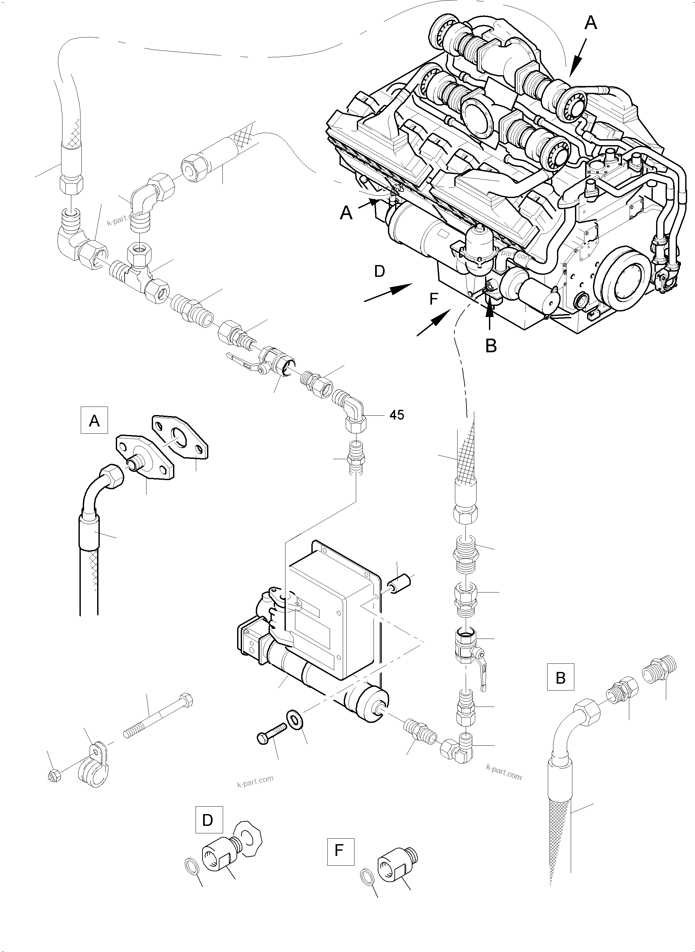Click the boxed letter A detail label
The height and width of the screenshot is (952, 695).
[94, 420]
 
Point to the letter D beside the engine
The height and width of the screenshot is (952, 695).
[379, 272]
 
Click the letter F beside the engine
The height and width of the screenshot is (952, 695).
[434, 299]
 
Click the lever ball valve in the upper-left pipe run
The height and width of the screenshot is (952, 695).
[269, 363]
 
